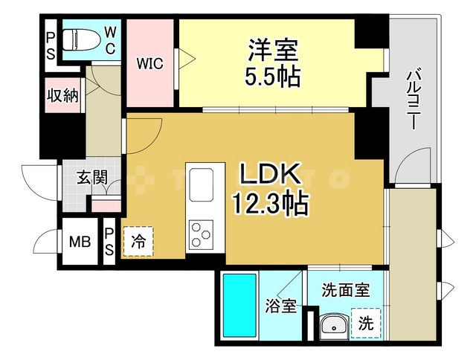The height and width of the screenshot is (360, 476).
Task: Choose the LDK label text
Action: [270, 176]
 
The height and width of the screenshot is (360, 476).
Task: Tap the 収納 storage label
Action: [62, 95]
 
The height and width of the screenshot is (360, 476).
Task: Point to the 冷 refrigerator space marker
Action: [138, 241]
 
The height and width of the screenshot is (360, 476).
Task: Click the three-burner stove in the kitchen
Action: [202, 234]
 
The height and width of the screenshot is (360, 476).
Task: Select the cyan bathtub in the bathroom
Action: [239, 306]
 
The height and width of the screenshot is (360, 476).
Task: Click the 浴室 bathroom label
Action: [282, 306]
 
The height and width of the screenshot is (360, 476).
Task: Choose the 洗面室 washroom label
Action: [346, 289]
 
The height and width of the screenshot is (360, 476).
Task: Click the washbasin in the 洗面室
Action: [332, 324]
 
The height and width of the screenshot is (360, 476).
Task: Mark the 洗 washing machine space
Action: [365, 324]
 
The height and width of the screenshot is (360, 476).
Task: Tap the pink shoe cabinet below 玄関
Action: [106, 203]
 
